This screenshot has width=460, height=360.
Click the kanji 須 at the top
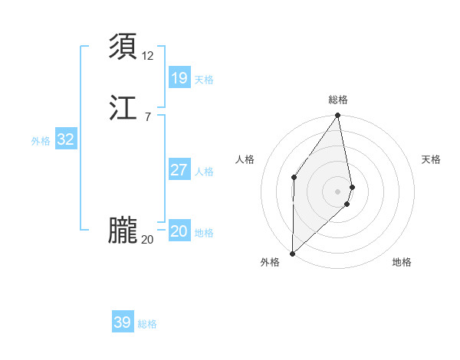click(x=123, y=47)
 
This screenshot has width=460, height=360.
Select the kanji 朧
click(x=123, y=231)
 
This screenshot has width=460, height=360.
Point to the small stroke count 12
click(x=148, y=55)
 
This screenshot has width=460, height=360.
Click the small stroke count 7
click(x=148, y=116)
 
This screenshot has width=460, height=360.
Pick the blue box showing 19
click(x=179, y=77)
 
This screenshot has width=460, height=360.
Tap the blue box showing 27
click(x=179, y=169)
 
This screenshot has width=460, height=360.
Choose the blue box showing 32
click(x=66, y=139)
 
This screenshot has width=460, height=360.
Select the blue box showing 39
click(x=123, y=322)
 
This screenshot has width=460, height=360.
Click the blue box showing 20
click(x=179, y=231)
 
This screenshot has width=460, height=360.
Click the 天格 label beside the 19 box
click(x=204, y=80)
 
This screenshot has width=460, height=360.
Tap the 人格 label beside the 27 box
click(x=204, y=172)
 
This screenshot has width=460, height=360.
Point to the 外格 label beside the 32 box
click(x=41, y=141)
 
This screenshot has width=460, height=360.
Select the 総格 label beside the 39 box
click(x=147, y=324)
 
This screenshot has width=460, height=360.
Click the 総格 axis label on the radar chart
click(x=338, y=100)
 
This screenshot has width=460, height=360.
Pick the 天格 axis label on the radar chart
click(x=431, y=159)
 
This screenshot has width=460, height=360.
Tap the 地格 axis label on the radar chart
click(x=402, y=262)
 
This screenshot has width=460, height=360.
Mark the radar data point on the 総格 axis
click(x=338, y=116)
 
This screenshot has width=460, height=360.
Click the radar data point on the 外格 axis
click(x=292, y=253)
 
